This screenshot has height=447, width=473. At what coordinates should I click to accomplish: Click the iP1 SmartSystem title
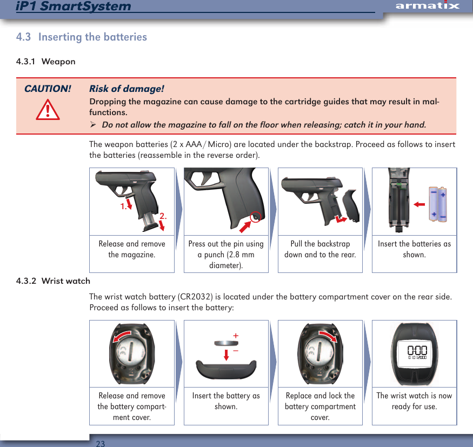click(x=74, y=6)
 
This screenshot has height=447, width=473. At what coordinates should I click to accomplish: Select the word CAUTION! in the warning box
click(x=48, y=89)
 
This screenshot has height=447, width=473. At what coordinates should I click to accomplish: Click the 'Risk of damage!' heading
click(x=126, y=89)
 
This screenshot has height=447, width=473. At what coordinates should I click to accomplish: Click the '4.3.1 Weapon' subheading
click(x=46, y=61)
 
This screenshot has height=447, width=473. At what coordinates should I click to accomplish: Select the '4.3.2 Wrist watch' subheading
click(x=53, y=281)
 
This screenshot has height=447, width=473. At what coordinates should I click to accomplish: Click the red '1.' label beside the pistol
click(x=123, y=206)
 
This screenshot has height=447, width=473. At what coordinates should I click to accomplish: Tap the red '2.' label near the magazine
click(x=163, y=216)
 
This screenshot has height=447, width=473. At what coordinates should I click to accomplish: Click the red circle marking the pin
click(x=256, y=216)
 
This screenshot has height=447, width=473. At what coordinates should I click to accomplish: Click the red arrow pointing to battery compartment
click(x=418, y=205)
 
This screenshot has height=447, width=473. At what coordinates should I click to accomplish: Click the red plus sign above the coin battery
click(x=236, y=336)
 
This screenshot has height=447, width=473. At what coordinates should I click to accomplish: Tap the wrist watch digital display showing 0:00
click(x=414, y=351)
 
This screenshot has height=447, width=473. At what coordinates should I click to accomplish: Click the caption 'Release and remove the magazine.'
click(x=132, y=249)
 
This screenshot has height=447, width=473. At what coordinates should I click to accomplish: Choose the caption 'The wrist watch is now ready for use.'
click(x=414, y=401)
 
